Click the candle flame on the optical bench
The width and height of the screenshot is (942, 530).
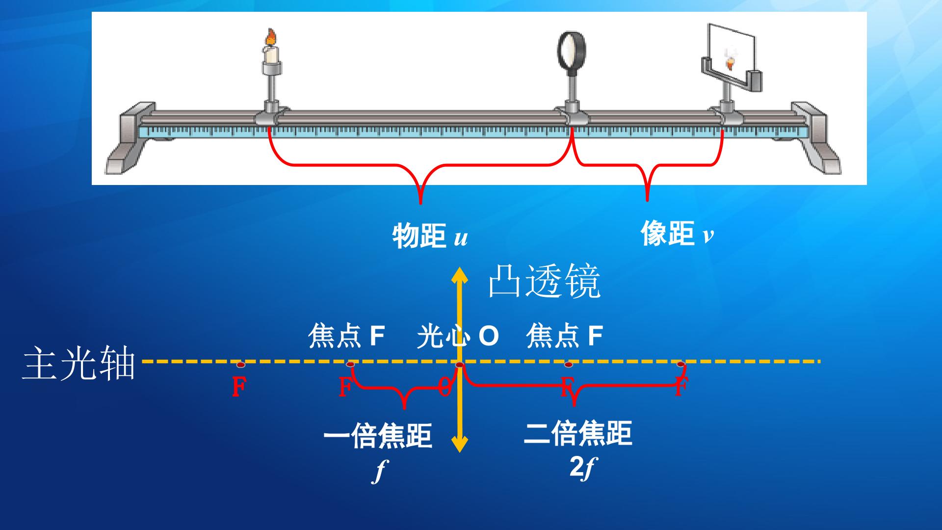pyautogui.click(x=271, y=37)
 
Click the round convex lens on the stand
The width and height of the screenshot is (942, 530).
pyautogui.click(x=572, y=50)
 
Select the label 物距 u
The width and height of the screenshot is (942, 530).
pyautogui.click(x=430, y=236)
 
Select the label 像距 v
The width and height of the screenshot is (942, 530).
pyautogui.click(x=678, y=233)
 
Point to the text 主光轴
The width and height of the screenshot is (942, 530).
pyautogui.click(x=78, y=363)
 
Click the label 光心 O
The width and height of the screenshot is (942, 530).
pyautogui.click(x=458, y=337)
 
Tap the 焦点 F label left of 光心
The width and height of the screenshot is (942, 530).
pyautogui.click(x=346, y=336)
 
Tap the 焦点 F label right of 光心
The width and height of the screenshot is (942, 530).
pyautogui.click(x=564, y=336)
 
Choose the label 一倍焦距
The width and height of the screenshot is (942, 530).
pyautogui.click(x=378, y=436)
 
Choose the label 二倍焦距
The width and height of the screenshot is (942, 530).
pyautogui.click(x=578, y=433)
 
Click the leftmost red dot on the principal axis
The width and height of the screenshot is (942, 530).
pyautogui.click(x=240, y=365)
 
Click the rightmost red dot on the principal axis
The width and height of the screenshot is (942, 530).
pyautogui.click(x=680, y=364)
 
